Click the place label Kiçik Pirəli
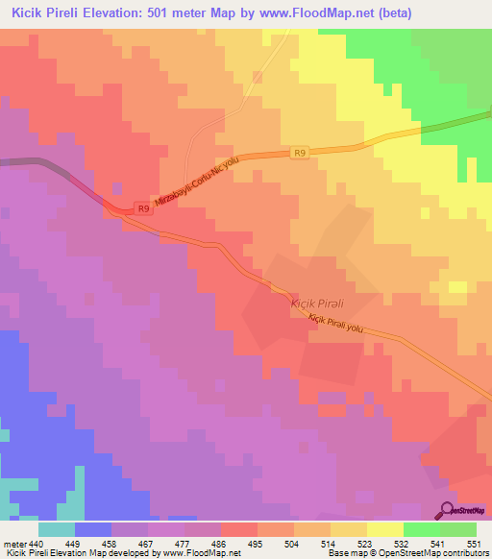click(317, 303)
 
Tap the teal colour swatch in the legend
click(57, 529)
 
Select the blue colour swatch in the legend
click(93, 529)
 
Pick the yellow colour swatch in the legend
click(385, 529)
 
